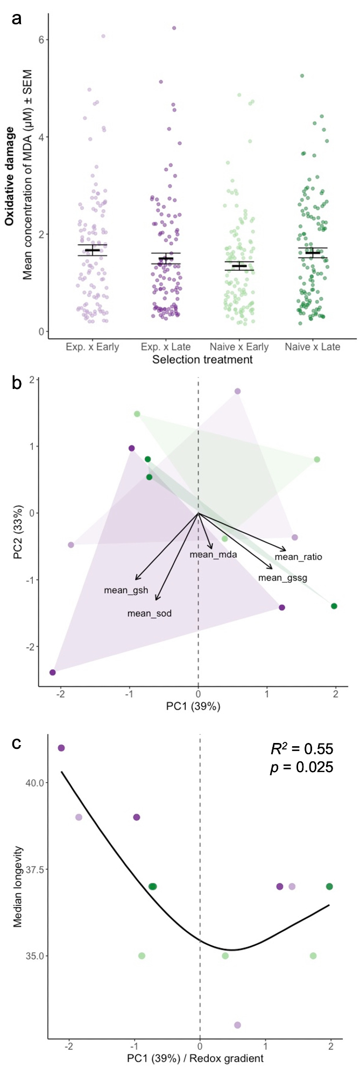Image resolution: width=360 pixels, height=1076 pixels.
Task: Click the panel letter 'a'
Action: tap(17, 19)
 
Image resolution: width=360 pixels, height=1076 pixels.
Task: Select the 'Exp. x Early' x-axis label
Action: tap(93, 347)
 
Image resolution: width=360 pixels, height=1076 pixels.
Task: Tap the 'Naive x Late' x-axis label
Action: tap(313, 347)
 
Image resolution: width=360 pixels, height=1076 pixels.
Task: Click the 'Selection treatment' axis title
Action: tap(202, 359)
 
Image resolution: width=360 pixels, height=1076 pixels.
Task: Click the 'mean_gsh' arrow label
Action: tap(126, 591)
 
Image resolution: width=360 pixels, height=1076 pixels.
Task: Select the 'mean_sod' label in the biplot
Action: tap(150, 613)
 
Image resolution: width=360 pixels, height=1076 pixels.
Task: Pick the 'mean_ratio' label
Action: tap(298, 557)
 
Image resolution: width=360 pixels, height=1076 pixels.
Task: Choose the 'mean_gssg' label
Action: tap(283, 578)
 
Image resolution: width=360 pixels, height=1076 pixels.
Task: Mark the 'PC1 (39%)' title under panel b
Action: tap(193, 706)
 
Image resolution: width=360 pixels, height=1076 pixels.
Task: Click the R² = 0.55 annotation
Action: tap(301, 749)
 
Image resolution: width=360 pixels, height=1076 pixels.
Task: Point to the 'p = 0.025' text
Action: tap(301, 767)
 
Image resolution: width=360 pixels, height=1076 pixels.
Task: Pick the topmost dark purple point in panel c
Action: tap(61, 748)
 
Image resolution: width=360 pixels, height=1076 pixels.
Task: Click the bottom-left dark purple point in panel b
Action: tap(53, 672)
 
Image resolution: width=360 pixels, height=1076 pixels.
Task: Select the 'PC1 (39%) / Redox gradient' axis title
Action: tap(195, 1058)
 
